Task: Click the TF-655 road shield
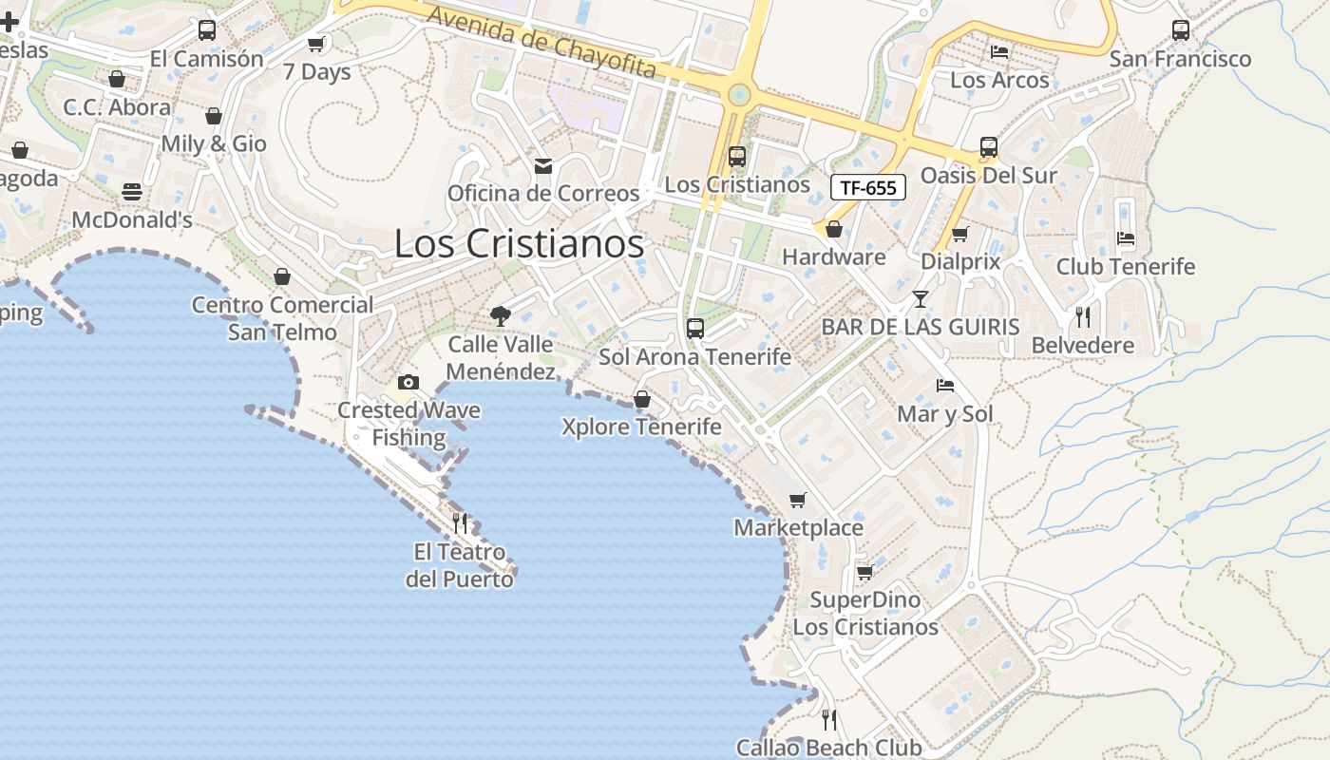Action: (868, 187)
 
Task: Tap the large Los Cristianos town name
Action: (519, 244)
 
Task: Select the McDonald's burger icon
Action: (132, 192)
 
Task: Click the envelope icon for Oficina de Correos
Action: (543, 166)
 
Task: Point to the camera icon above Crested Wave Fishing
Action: (408, 382)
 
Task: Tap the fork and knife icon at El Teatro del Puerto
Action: (460, 522)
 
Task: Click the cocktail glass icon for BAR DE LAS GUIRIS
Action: (920, 299)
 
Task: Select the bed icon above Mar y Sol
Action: (945, 386)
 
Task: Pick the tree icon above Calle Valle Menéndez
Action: (500, 316)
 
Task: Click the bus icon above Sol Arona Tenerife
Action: (695, 329)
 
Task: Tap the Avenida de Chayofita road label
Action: (541, 43)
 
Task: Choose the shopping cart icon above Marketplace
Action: (798, 500)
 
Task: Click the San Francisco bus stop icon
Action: (1181, 30)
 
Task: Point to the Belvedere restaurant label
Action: (1083, 345)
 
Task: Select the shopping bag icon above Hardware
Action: (834, 229)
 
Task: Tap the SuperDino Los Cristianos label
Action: (865, 614)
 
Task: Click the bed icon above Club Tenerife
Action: (1126, 238)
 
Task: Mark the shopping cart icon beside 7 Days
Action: (316, 44)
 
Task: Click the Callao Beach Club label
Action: (828, 748)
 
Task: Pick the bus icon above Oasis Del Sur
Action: (989, 147)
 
